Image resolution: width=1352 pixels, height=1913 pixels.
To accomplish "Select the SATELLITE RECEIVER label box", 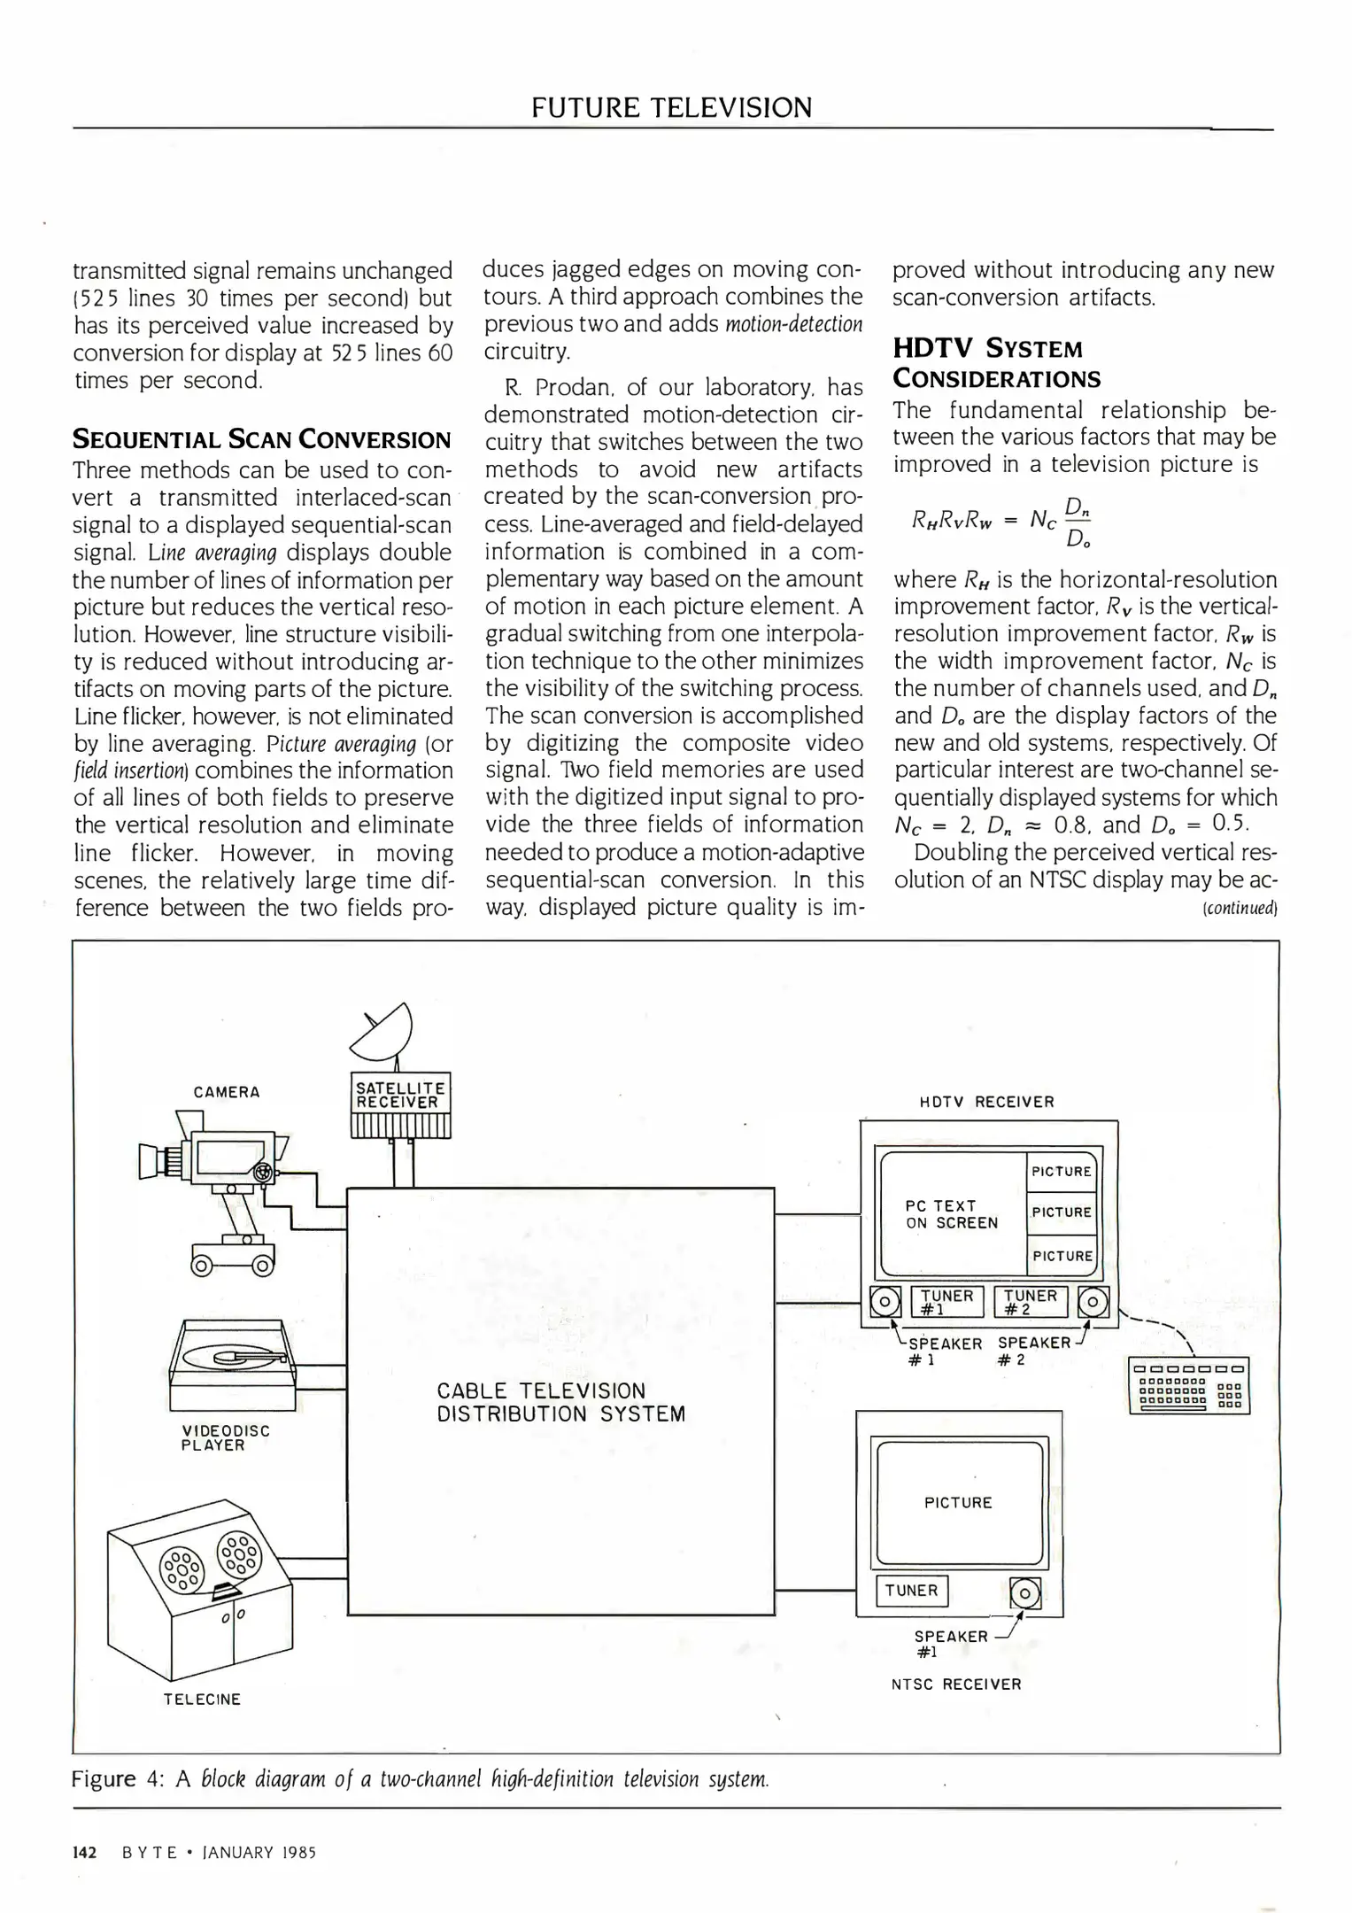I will point(401,1095).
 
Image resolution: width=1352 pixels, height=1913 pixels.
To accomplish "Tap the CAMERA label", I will point(227,1092).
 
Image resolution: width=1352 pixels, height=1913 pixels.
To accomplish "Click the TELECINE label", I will point(202,1699).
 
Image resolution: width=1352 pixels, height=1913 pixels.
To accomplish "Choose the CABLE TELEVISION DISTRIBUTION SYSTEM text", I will point(560,1402).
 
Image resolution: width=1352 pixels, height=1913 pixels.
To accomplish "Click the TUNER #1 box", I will point(946,1302).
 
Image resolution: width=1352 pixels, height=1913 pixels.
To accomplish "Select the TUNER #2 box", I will point(1030,1302).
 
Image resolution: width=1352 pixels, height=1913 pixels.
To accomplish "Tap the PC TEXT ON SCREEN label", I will point(951,1214).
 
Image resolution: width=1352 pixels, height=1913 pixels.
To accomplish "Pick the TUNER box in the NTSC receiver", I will point(911,1591).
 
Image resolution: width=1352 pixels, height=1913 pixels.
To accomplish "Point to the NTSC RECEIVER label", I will point(956,1684).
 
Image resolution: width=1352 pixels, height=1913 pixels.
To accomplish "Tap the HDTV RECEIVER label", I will point(987,1102).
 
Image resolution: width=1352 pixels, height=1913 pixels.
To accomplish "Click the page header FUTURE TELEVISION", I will point(671,108).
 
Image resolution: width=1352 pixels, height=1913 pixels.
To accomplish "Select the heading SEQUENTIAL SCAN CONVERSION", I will point(262,439).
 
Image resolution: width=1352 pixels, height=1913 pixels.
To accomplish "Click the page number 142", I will point(84,1852).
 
